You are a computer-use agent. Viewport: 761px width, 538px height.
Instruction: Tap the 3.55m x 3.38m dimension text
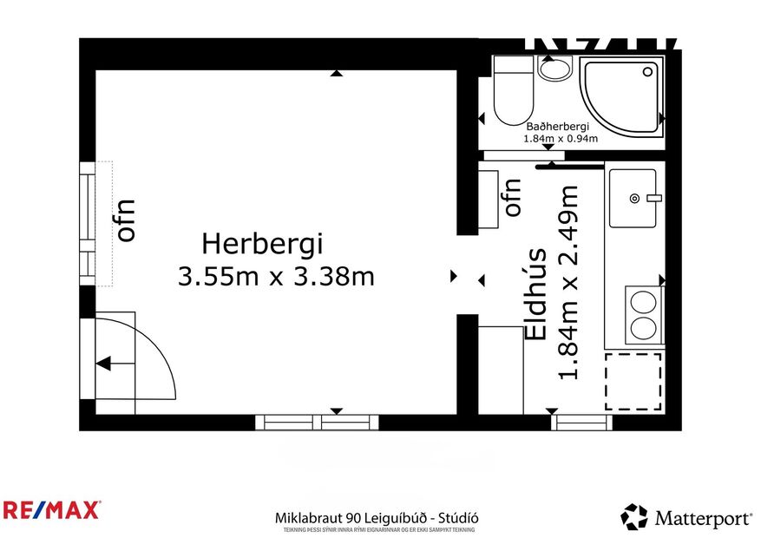click(x=275, y=277)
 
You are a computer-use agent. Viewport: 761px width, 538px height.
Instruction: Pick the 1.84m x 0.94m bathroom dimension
click(x=561, y=138)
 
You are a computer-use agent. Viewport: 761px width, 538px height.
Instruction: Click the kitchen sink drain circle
click(x=634, y=199)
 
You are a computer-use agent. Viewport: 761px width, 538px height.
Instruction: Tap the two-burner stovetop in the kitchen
click(x=643, y=315)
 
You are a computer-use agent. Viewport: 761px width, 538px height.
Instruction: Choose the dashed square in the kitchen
click(x=633, y=382)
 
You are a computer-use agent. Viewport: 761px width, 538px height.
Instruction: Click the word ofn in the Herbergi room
click(x=127, y=220)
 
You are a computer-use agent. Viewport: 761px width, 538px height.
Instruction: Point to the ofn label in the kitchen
click(x=512, y=197)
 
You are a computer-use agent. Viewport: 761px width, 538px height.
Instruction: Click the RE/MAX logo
click(x=51, y=509)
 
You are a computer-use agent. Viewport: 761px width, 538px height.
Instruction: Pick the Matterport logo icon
click(x=634, y=517)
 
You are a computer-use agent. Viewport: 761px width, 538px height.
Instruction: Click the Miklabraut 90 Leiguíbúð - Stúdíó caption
click(x=375, y=517)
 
